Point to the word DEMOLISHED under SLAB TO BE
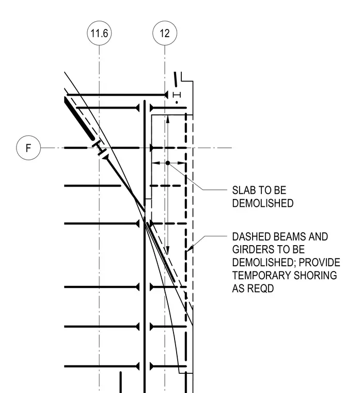click(263, 203)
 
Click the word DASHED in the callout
click(251, 237)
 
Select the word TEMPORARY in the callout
click(261, 276)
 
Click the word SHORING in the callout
click(315, 276)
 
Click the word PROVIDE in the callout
click(319, 262)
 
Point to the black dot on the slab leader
click(168, 163)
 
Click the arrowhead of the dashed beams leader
click(190, 248)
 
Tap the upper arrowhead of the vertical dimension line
click(168, 119)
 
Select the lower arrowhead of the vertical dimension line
click(168, 250)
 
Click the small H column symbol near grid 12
click(177, 95)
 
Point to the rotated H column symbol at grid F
click(99, 148)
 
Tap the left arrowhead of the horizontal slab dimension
click(155, 163)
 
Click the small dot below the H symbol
click(177, 102)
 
